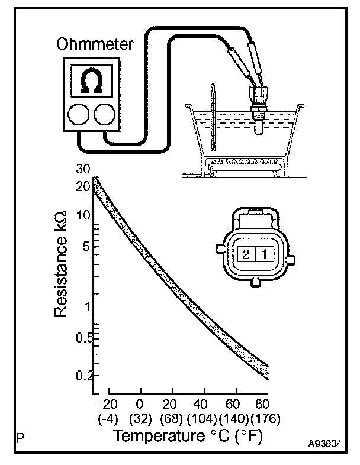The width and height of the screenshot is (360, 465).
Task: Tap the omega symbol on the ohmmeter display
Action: tap(91, 80)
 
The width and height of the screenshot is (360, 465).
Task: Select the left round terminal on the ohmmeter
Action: tap(79, 115)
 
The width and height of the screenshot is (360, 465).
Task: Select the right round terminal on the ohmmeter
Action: tap(104, 115)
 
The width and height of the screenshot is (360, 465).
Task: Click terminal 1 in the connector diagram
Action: tap(266, 255)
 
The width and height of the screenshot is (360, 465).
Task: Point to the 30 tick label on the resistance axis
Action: tap(82, 169)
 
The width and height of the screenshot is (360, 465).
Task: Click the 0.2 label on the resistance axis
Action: tap(82, 375)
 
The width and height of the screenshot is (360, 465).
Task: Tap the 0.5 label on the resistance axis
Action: tap(82, 338)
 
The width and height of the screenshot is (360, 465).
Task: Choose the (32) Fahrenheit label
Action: tap(140, 419)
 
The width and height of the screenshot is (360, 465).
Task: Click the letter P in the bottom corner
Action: tap(21, 440)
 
